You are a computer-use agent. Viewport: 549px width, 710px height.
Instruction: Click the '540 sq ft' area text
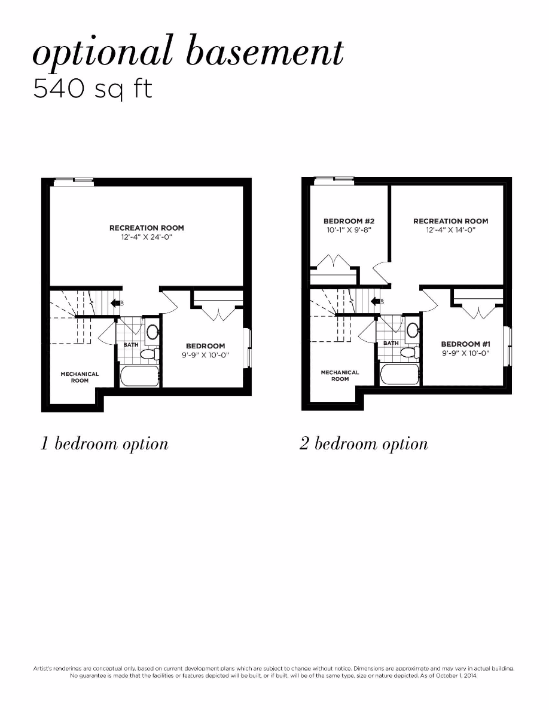(93, 88)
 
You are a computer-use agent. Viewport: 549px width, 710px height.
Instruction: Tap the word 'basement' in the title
(265, 53)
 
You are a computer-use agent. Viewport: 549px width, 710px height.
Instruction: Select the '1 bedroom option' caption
(104, 444)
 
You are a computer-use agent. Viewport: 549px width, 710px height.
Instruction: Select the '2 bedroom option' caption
(364, 444)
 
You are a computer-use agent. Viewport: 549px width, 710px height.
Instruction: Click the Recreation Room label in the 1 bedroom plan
(147, 228)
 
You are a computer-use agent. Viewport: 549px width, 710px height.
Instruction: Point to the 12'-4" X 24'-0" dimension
(147, 237)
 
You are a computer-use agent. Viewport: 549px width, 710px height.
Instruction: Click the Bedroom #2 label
(349, 221)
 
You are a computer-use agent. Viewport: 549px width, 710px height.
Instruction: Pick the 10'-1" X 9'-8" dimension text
(349, 230)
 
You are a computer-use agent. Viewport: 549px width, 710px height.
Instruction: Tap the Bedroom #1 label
(466, 344)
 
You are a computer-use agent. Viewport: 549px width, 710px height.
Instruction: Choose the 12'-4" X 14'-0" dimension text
(450, 230)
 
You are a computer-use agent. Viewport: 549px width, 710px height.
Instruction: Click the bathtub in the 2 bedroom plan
(399, 375)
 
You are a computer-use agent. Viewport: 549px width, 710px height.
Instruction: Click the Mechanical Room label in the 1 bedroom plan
(80, 377)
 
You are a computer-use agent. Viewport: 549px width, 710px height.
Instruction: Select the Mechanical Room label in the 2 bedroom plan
(340, 375)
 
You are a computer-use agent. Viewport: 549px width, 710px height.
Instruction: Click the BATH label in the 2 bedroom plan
(391, 343)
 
